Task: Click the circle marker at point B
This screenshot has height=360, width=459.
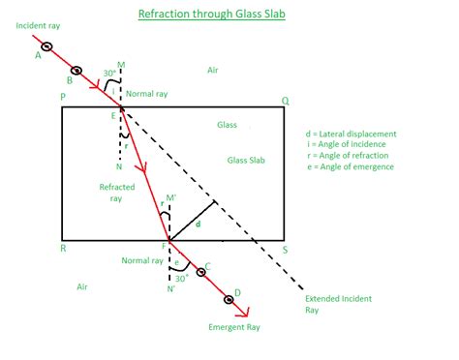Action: (78, 73)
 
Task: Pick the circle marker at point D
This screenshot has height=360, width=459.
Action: (229, 299)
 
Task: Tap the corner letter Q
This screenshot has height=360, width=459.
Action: (284, 99)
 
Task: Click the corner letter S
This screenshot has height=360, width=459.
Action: (285, 249)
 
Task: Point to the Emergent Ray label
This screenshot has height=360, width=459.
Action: (233, 327)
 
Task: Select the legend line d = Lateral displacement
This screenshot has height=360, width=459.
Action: (351, 134)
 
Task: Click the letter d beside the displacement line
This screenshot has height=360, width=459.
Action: (199, 225)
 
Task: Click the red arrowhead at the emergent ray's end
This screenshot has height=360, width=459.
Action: (247, 313)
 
